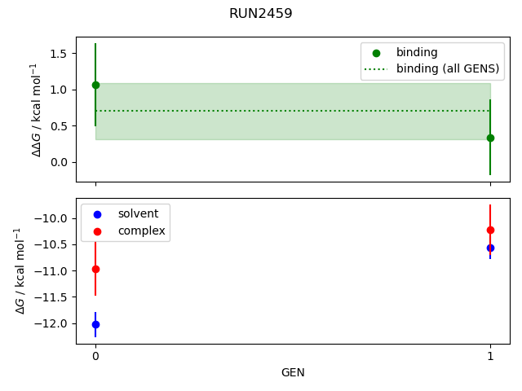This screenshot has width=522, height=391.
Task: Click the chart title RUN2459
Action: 260,13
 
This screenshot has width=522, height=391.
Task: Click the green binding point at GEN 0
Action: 95,85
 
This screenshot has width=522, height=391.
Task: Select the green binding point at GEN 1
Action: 490,138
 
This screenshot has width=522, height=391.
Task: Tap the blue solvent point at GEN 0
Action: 95,324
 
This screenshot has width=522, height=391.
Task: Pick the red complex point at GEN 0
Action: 95,269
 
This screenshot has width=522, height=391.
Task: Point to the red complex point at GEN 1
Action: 490,230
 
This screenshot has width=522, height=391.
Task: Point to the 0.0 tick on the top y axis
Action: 58,162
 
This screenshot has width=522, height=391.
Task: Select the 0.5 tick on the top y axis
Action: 58,126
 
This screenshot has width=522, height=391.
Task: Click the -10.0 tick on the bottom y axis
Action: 54,218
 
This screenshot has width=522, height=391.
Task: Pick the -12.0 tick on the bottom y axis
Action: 54,323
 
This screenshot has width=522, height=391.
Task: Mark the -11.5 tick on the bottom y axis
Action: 54,297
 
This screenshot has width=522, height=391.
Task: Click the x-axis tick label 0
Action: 95,356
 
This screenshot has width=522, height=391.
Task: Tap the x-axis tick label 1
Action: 490,356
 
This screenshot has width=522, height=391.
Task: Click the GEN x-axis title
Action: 293,372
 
